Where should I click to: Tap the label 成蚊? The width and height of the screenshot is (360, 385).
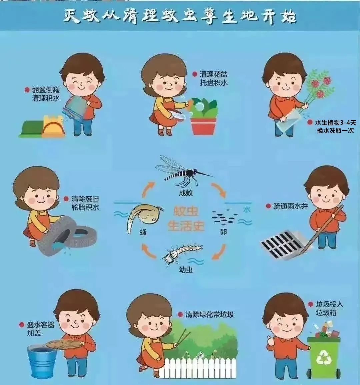coord(186,193)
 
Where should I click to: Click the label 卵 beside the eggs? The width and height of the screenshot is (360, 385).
coord(223,232)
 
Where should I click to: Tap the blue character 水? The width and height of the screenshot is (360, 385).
coord(247,210)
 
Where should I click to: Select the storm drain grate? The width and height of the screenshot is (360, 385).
coord(283,244)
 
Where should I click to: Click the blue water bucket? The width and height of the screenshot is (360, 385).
coord(42,361)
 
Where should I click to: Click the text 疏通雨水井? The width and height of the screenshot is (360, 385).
coord(290,206)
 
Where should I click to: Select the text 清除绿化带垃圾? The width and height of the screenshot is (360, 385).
coord(209,315)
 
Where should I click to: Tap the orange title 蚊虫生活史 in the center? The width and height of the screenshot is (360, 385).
coord(186,218)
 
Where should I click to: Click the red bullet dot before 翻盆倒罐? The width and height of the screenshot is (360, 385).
coord(27,90)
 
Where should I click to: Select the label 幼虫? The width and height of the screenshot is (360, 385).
coord(186,270)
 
